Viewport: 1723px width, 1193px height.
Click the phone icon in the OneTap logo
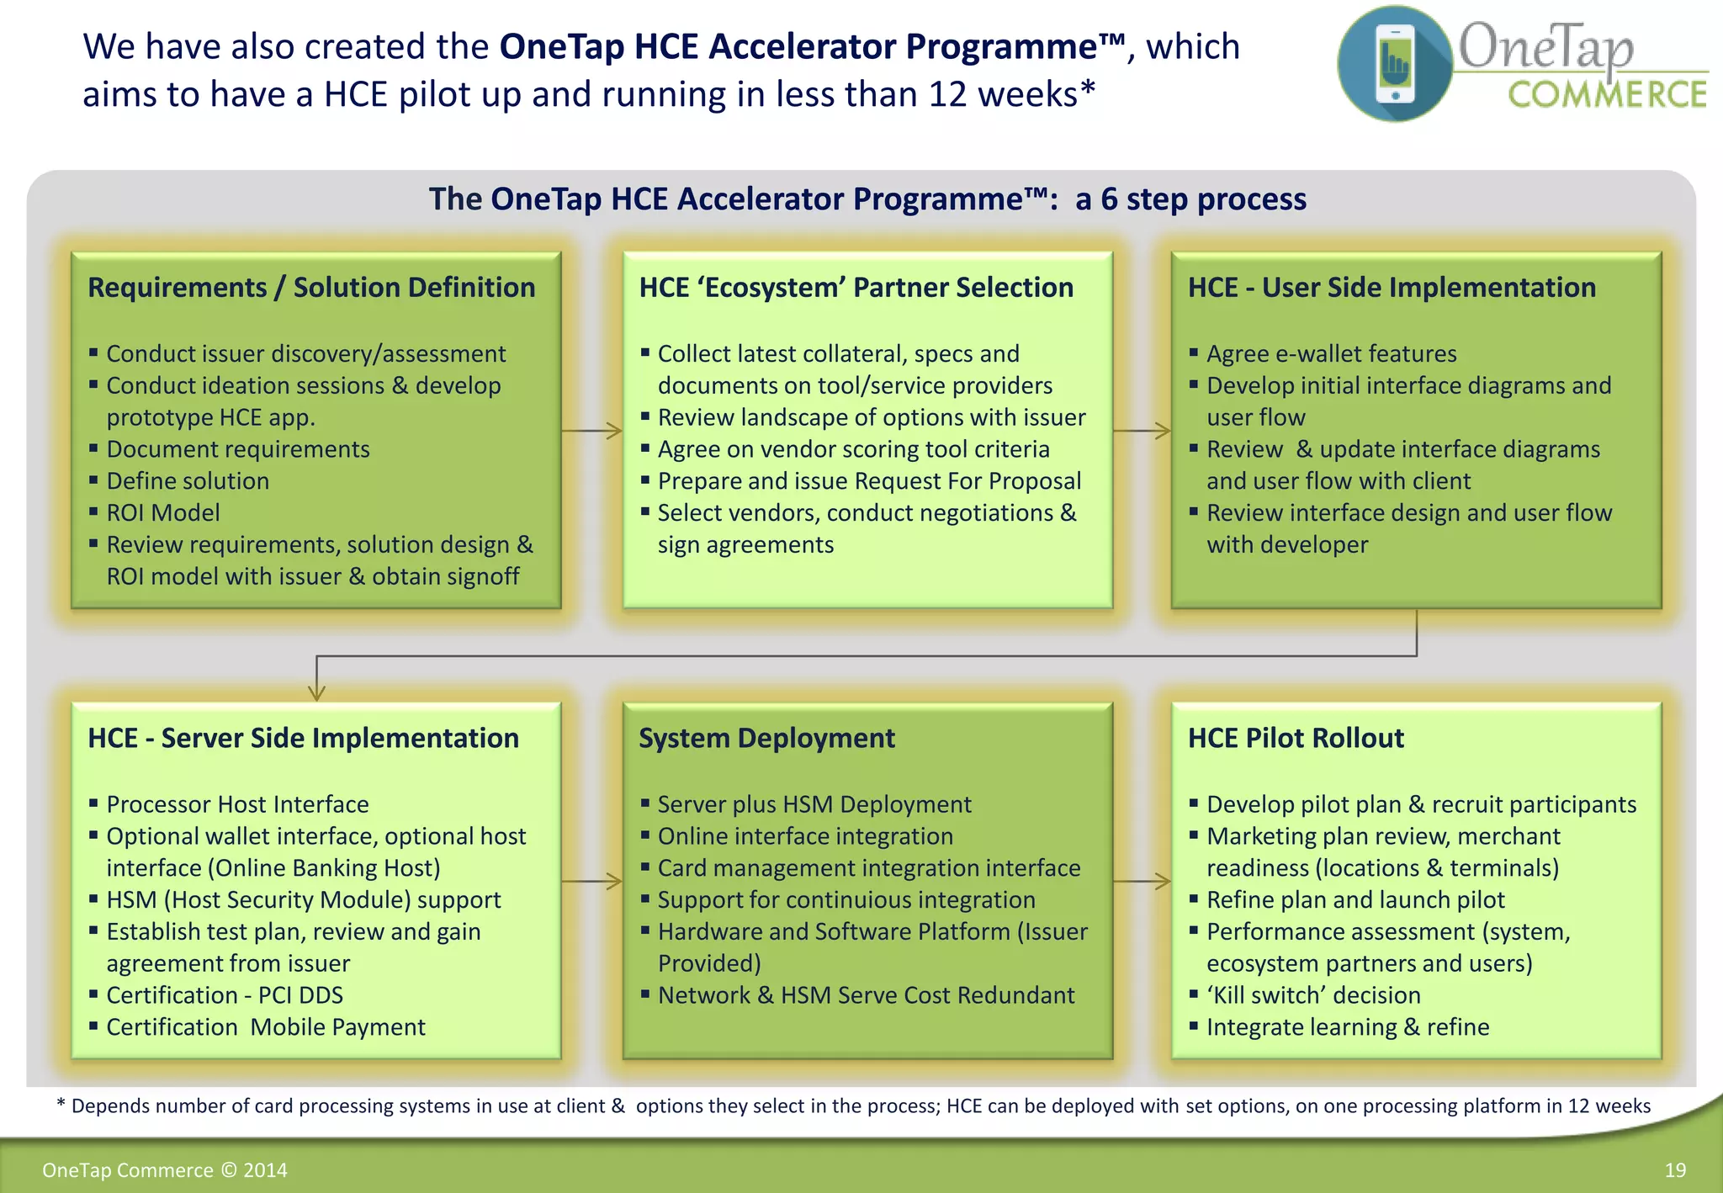(x=1395, y=63)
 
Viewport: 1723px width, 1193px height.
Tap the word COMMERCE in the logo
(x=1607, y=95)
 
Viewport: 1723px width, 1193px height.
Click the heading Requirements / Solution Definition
(x=311, y=288)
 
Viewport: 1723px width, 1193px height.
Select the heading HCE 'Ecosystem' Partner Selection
(x=856, y=288)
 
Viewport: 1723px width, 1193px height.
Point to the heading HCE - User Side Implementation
(x=1392, y=288)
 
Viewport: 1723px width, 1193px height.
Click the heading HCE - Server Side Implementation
(x=303, y=738)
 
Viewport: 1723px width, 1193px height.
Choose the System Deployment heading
(x=766, y=738)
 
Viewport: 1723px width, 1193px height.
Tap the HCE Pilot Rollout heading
(x=1296, y=738)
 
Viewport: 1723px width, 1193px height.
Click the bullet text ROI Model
(x=163, y=512)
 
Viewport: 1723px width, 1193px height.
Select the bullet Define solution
(x=188, y=480)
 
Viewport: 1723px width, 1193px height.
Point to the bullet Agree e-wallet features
(x=1331, y=353)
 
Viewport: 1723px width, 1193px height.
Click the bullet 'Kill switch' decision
(x=1313, y=995)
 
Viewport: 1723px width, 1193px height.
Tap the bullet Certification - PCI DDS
(x=225, y=995)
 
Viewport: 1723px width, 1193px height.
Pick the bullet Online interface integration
(x=805, y=836)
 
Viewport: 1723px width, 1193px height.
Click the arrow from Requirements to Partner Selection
(x=591, y=431)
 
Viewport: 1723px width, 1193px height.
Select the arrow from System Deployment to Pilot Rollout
(x=1142, y=882)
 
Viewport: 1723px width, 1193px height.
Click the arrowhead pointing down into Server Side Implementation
(x=316, y=692)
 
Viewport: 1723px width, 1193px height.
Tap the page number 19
(x=1675, y=1170)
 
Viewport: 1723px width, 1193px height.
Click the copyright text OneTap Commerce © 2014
(x=165, y=1170)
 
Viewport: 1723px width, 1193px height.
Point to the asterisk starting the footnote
(x=61, y=1104)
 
